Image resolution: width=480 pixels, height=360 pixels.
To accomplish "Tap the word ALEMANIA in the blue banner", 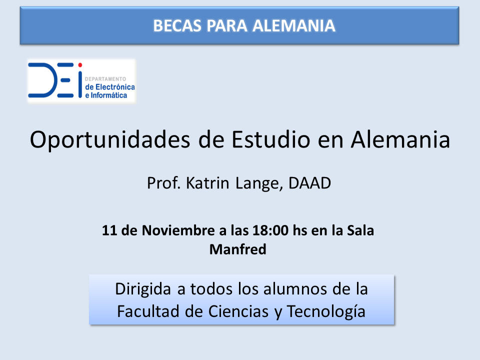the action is click(294, 25).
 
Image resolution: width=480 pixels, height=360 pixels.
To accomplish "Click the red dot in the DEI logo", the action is click(80, 65).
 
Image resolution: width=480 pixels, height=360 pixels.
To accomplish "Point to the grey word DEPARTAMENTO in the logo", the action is click(105, 79).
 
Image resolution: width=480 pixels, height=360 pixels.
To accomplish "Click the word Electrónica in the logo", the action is click(115, 87).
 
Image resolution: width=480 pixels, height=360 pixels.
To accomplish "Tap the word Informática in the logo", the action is click(108, 95).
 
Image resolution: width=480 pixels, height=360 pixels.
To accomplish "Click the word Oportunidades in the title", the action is click(110, 140).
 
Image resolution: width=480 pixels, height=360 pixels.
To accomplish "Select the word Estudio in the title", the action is click(271, 139).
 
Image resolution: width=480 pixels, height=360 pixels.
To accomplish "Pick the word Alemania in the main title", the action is click(400, 139).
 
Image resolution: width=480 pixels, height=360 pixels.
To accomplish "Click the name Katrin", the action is click(207, 183).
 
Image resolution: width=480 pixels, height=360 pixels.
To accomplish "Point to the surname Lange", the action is click(259, 183).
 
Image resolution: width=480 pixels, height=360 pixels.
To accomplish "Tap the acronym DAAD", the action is click(309, 183).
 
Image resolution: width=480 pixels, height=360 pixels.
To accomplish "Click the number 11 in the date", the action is click(109, 230).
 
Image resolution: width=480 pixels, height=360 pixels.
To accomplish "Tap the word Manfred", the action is click(238, 249).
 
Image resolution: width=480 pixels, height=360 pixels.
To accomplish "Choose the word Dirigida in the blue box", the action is click(143, 289).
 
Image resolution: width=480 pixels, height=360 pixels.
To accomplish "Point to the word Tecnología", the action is click(326, 312).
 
